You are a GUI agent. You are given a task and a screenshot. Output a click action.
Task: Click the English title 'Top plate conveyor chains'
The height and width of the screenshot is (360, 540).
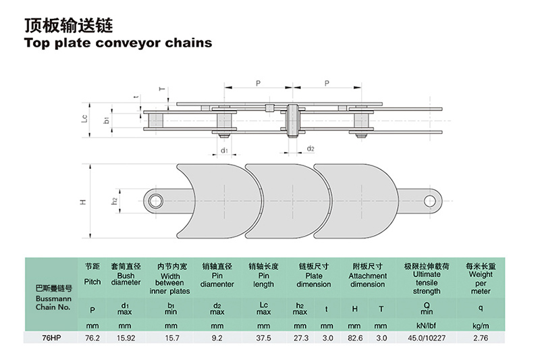[x=118, y=43]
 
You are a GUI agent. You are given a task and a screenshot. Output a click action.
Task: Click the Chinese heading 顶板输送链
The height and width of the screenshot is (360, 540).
[x=67, y=25]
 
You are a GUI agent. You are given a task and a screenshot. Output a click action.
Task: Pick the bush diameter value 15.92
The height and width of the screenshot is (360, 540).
[x=126, y=337]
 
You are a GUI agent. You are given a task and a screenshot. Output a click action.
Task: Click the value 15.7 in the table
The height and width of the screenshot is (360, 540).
[x=171, y=337]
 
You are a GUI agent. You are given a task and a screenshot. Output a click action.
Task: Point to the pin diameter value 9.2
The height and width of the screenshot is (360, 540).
[x=217, y=337]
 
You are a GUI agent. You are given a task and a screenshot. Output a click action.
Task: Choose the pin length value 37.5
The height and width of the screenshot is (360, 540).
[x=264, y=337]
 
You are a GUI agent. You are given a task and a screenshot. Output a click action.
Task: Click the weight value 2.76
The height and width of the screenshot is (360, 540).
[x=481, y=337]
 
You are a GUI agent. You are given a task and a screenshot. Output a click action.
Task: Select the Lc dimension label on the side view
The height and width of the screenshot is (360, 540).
[x=84, y=118]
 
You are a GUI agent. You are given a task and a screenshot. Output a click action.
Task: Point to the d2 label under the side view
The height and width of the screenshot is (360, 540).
[x=310, y=149]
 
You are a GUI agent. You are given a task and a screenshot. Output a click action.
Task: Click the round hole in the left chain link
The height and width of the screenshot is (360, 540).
[x=157, y=199]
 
